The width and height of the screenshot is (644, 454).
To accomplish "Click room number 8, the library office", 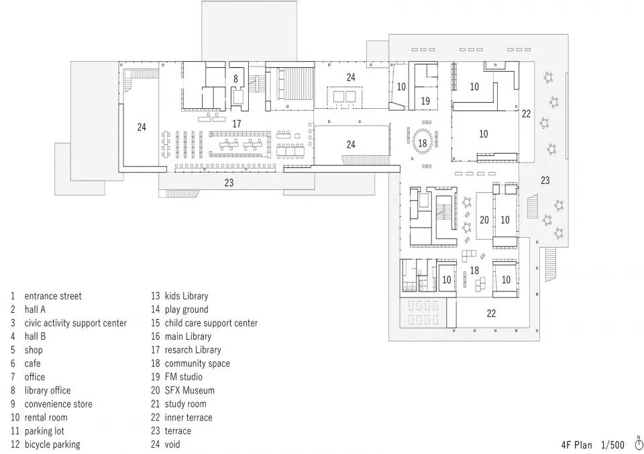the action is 235,79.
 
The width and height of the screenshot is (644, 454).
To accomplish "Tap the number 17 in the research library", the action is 237,124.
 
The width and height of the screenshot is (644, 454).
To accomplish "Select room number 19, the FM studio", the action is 425,101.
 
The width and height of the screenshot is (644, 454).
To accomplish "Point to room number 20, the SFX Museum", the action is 484,220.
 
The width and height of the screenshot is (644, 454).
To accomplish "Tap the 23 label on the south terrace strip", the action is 229,183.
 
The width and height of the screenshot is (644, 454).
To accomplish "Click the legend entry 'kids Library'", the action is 186,296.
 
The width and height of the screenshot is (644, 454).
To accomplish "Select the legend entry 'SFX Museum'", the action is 189,390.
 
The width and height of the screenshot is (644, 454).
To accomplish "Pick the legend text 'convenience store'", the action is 58,404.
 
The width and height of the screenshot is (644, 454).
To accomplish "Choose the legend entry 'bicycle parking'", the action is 52,445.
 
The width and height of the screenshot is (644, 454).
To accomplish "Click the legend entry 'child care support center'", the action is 211,323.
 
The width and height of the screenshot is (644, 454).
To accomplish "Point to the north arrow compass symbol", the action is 639,444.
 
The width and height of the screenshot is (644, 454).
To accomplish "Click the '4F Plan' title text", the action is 577,445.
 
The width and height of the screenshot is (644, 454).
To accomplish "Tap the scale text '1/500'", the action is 612,445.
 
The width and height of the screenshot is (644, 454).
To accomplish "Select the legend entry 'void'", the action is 172,445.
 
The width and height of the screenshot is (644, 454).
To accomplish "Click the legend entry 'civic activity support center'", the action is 76,323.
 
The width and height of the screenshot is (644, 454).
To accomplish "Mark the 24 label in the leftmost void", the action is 142,127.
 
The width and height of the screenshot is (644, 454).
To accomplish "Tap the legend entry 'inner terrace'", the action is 189,418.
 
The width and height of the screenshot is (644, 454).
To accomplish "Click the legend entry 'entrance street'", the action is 53,296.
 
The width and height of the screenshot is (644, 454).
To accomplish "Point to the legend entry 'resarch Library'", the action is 193,350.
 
